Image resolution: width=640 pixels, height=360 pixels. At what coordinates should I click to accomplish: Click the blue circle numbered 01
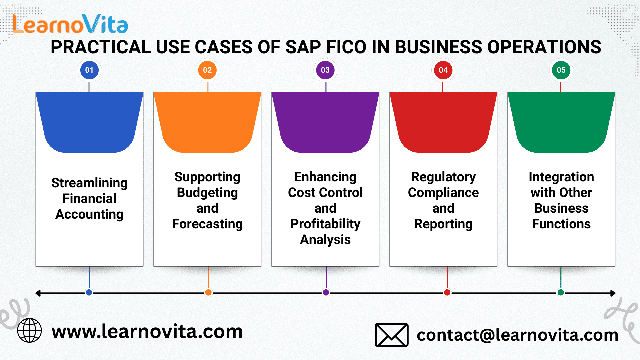89,70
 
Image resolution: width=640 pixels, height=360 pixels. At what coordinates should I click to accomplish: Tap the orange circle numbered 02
207,70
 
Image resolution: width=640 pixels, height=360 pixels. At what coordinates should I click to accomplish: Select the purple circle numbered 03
325,70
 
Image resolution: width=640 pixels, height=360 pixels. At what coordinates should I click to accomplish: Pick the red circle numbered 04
443,70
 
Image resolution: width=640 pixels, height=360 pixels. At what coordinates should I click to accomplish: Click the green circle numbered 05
561,70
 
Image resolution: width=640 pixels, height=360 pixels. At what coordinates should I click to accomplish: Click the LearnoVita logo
70,24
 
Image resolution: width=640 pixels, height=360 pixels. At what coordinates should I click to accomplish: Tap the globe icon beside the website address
29,330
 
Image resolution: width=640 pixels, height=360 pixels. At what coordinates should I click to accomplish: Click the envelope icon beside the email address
392,335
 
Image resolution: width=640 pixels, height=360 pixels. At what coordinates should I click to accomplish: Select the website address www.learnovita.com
147,332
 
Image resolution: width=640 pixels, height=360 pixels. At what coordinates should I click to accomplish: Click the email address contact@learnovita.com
517,335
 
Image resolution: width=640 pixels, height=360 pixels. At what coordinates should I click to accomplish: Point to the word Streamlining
89,183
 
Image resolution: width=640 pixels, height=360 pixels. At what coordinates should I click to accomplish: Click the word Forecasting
207,224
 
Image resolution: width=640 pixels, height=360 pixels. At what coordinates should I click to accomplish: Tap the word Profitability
325,224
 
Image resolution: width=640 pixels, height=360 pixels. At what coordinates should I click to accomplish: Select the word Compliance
443,193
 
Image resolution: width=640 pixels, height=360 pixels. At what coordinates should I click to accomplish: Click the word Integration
561,177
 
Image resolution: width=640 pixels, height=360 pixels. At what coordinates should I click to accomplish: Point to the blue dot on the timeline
89,293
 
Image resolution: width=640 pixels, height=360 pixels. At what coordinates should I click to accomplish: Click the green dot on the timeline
561,293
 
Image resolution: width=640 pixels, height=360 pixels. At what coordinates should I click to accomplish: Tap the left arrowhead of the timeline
38,293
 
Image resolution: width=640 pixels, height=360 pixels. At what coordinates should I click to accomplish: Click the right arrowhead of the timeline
613,293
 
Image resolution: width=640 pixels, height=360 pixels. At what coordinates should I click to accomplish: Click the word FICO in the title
346,47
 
